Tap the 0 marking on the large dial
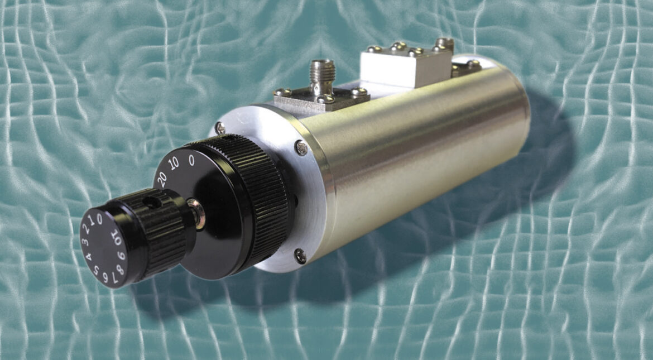pos(191,162)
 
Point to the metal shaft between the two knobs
pos(197,213)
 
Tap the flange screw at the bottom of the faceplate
pos(300,256)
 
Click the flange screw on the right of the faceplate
pos(301,148)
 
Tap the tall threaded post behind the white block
pos(445,44)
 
